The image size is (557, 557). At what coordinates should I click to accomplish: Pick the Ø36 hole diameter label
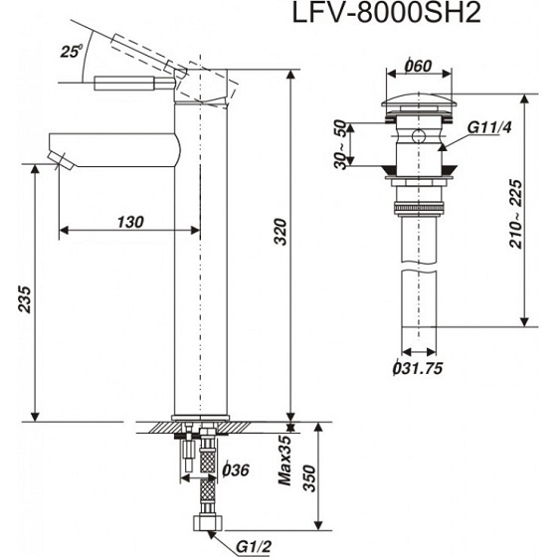click(235, 470)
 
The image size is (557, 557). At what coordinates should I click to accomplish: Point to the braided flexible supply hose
click(207, 477)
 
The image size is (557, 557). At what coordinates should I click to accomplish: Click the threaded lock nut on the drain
click(420, 207)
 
